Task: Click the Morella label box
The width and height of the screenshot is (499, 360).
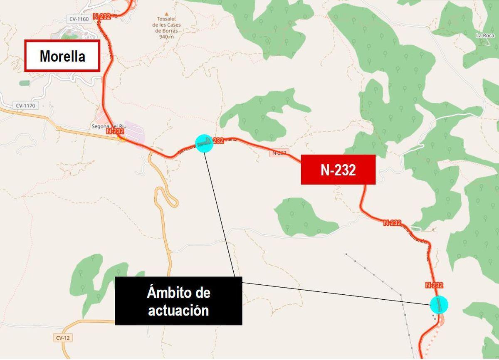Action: click(x=62, y=56)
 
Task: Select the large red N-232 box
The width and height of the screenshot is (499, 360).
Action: click(x=338, y=170)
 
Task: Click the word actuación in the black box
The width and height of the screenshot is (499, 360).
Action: click(x=178, y=310)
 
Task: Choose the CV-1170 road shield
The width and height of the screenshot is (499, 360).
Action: click(x=26, y=106)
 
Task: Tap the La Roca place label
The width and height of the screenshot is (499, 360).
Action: click(x=484, y=36)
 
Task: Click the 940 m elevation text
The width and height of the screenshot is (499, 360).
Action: click(x=166, y=37)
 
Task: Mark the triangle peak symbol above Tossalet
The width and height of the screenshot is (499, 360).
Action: click(x=167, y=13)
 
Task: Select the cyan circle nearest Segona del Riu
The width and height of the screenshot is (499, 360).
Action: click(x=204, y=143)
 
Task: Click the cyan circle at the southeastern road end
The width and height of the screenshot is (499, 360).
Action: click(x=439, y=305)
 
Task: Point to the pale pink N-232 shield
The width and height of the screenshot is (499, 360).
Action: click(x=279, y=153)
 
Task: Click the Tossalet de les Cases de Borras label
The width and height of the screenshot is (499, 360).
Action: click(x=166, y=25)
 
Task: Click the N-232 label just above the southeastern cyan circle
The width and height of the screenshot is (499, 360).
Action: click(x=434, y=285)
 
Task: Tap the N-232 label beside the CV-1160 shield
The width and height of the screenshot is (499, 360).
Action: click(x=102, y=17)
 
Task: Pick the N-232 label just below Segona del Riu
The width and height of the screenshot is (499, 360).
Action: click(x=115, y=131)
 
